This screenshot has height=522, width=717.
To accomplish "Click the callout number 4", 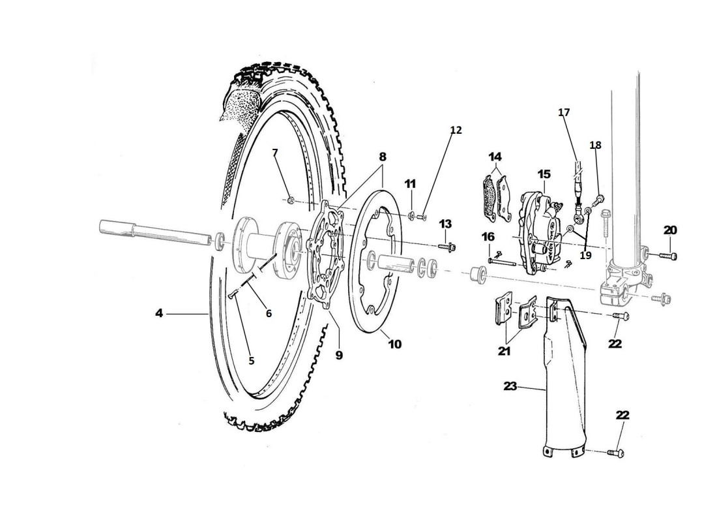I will pos(159,314).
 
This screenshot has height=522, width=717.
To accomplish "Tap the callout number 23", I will pos(510,386).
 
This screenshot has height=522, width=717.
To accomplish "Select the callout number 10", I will pos(395,344).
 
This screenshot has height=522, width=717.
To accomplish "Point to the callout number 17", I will pos(564,113).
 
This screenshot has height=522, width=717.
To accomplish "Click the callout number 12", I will pos(456,130).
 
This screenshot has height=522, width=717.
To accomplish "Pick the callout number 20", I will pos(670,230).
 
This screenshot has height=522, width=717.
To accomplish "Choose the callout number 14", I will pos(496,157).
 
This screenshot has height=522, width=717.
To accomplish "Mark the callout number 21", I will pos(505,351).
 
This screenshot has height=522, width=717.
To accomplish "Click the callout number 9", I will pos(339,355).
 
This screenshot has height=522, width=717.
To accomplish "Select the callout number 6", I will pos(269,313).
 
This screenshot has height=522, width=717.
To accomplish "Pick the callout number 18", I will pos(595,145).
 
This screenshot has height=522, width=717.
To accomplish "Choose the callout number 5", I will pos(252,360).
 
